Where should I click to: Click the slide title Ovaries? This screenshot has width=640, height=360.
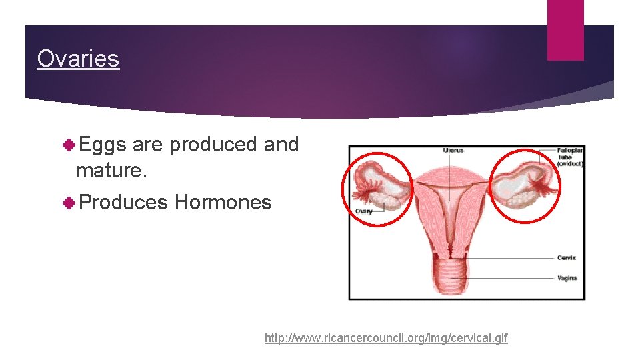click(x=78, y=59)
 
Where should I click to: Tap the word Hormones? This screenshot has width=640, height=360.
click(x=223, y=202)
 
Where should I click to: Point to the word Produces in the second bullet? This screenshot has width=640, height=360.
click(x=123, y=202)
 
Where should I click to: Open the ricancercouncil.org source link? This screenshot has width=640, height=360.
click(x=385, y=338)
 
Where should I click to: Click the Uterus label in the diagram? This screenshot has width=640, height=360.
click(x=453, y=151)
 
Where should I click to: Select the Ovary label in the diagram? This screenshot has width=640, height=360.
click(x=364, y=211)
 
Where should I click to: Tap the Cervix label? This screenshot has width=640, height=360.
click(x=566, y=258)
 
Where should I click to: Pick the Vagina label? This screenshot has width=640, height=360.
click(x=566, y=278)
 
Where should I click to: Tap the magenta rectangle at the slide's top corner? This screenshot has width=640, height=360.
click(x=565, y=30)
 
